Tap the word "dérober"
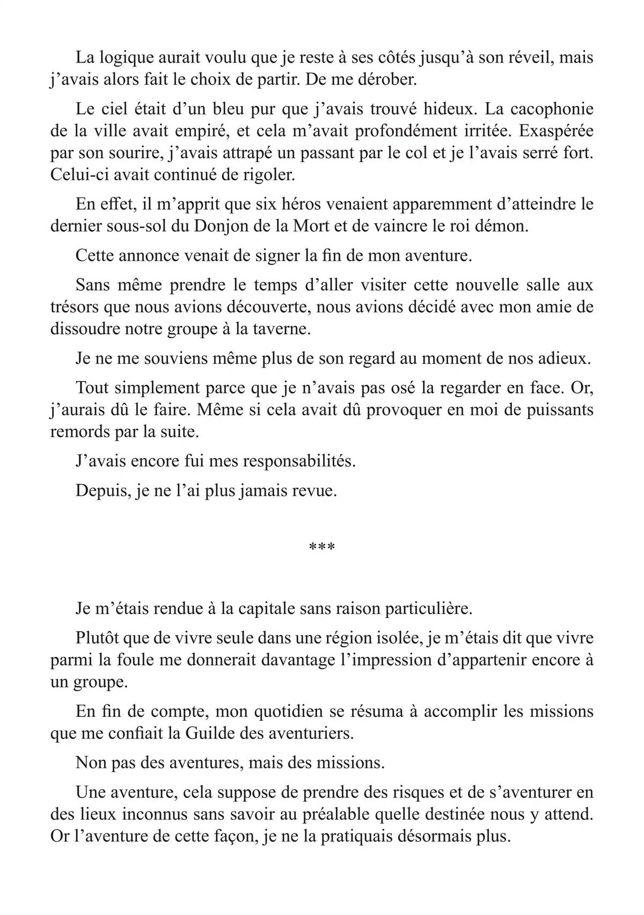pos(386,80)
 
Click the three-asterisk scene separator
pos(322,548)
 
